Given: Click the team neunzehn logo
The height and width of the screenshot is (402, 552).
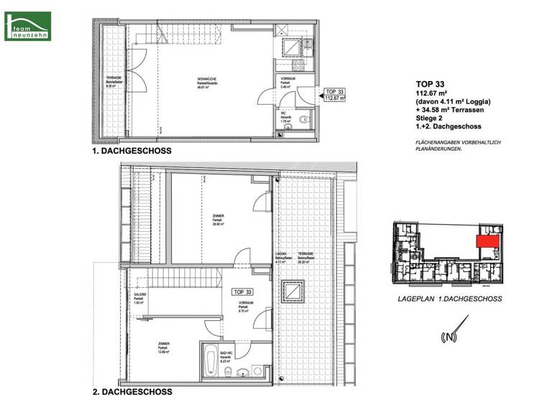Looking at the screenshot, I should (27, 25).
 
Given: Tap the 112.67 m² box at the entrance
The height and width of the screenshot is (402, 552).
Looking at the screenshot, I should (336, 100).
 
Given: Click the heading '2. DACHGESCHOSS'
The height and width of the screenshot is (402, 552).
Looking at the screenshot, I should (132, 393).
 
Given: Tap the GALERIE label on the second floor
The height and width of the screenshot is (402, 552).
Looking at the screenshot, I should (140, 297).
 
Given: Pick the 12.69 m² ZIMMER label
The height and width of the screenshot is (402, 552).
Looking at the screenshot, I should (165, 347).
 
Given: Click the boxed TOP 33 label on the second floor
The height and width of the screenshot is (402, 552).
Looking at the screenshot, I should (244, 293).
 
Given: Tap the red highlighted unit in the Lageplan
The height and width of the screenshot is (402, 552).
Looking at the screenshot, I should (488, 242).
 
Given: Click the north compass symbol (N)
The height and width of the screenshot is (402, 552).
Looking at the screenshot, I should (451, 336).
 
